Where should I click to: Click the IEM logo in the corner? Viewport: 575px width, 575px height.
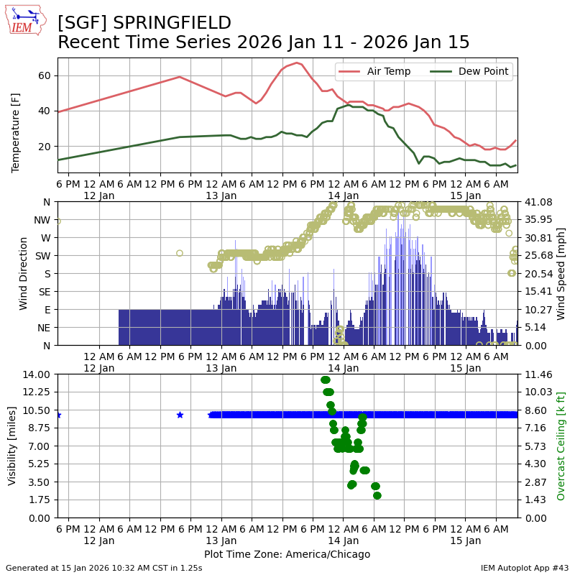[25, 20]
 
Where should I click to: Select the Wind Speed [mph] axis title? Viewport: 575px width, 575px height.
[561, 273]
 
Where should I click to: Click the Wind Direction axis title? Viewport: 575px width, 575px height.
[23, 273]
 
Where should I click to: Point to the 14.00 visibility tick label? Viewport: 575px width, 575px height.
[36, 374]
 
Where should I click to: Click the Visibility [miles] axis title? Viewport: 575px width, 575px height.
[12, 446]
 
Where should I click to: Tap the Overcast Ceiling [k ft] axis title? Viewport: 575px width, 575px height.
[561, 446]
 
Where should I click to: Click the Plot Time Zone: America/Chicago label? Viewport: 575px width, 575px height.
[287, 554]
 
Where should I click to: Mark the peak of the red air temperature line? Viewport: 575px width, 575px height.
[297, 63]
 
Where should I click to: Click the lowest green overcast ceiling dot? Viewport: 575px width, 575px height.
[377, 495]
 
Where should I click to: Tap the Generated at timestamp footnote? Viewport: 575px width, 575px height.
[103, 568]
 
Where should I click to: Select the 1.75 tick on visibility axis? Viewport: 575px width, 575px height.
[38, 500]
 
